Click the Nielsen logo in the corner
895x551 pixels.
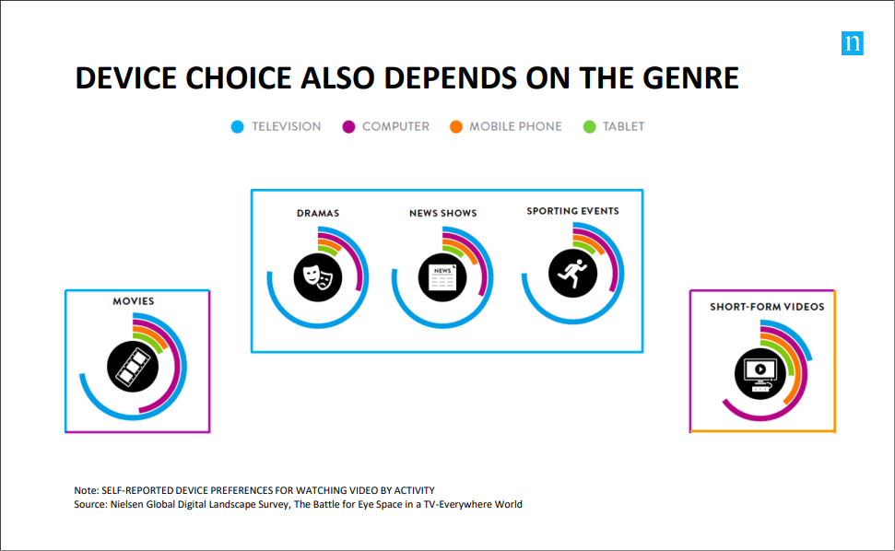pos(853,43)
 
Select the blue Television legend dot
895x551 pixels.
pos(238,126)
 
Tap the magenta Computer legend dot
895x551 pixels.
pos(348,126)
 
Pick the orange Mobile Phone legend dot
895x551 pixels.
pos(455,126)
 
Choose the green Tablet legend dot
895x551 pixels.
pos(590,126)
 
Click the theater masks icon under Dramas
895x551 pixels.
pos(318,277)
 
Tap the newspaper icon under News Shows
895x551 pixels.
pos(442,277)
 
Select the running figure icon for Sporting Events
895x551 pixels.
pos(573,274)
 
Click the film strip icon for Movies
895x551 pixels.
pos(133,367)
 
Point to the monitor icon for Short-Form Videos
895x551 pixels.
pos(760,373)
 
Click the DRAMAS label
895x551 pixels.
pos(318,214)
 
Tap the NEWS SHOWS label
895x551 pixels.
pos(443,214)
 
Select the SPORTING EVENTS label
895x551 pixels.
pos(572,211)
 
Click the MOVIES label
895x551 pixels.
pos(133,301)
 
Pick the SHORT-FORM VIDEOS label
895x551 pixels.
pos(767,307)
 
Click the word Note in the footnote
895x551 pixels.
pos(86,490)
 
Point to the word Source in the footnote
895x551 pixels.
pos(90,504)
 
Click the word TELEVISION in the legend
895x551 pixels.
pos(287,126)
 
